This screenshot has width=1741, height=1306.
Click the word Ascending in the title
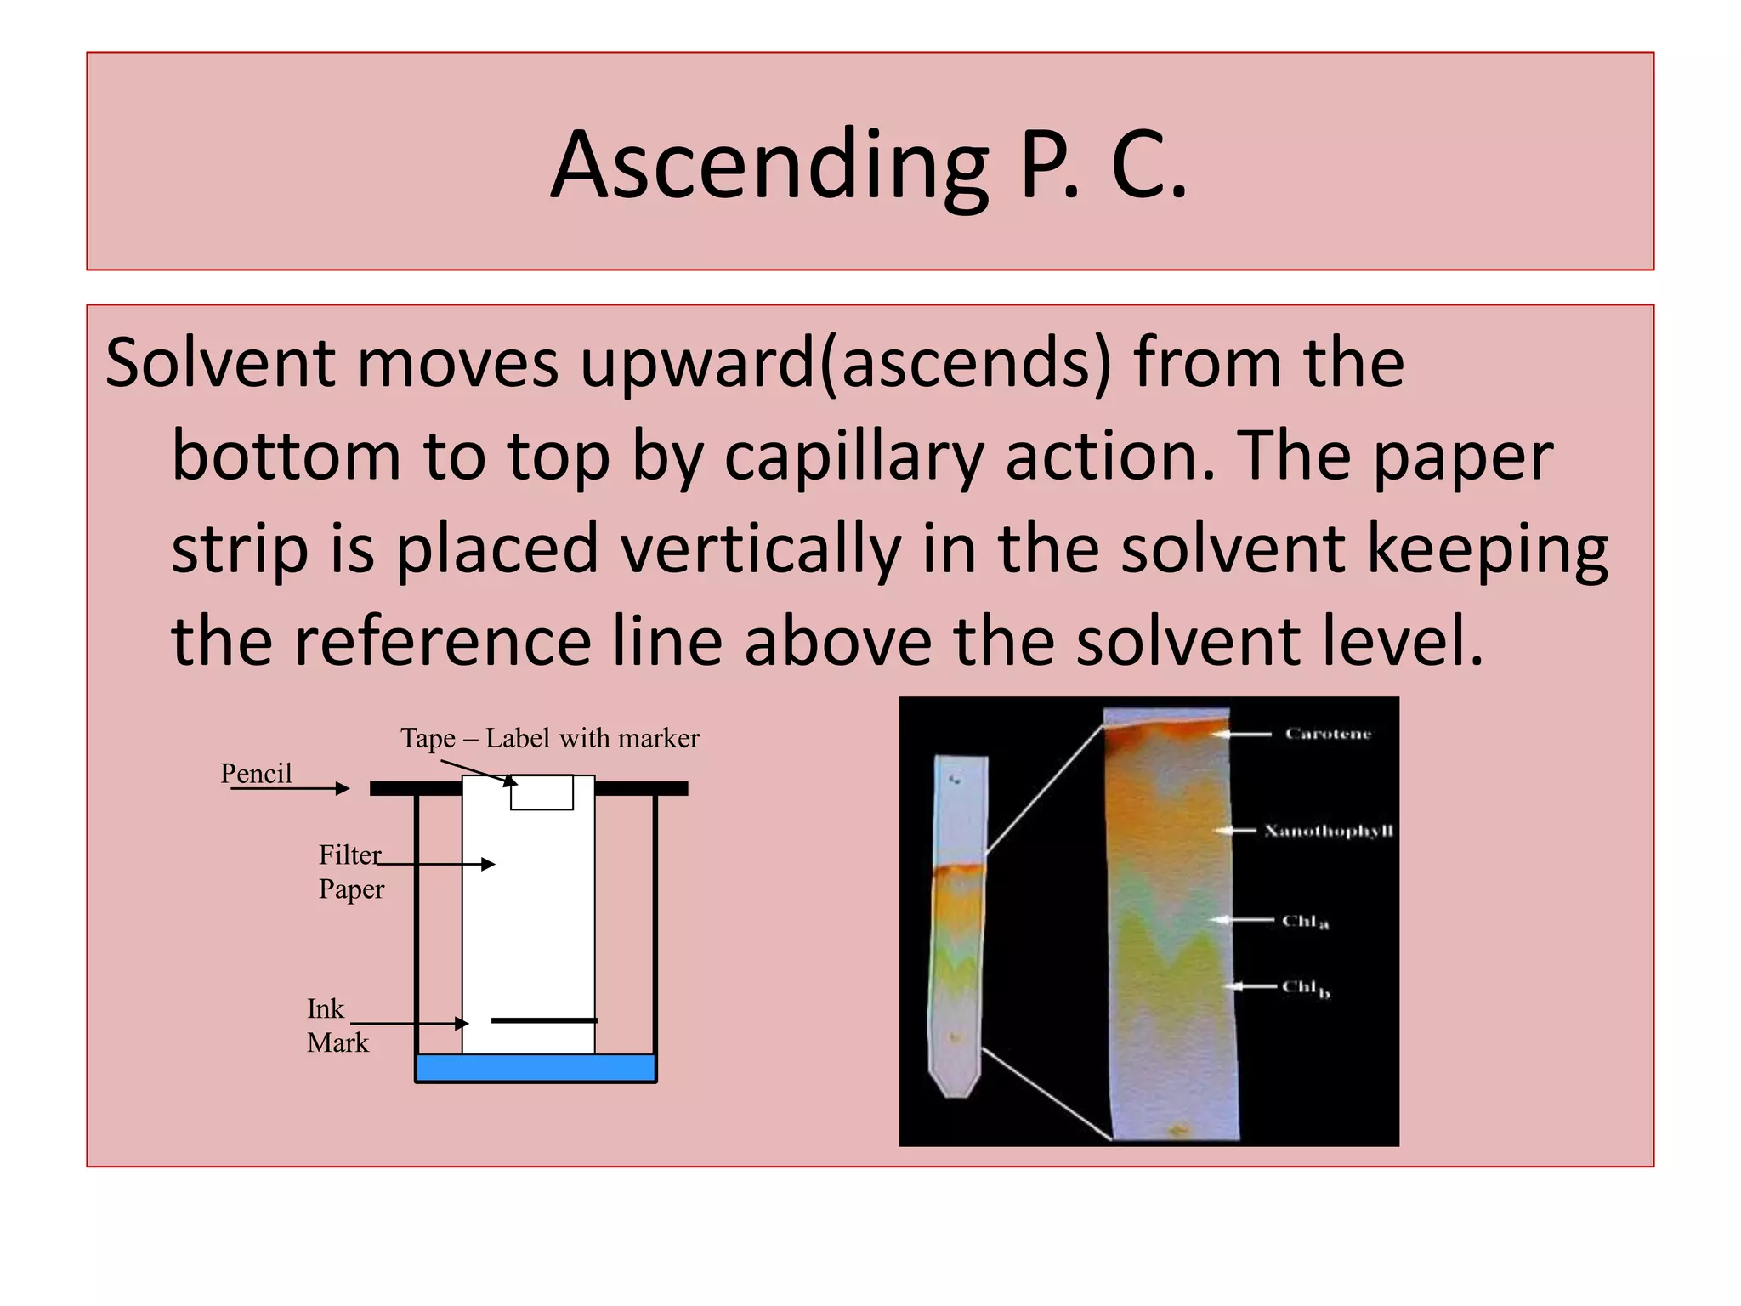[x=769, y=166]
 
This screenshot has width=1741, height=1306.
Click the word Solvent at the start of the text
[x=219, y=363]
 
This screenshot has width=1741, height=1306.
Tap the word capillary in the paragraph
[x=853, y=457]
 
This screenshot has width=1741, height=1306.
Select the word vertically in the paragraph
[x=760, y=549]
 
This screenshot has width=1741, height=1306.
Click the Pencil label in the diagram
[x=256, y=773]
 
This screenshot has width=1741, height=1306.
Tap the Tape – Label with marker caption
[x=550, y=738]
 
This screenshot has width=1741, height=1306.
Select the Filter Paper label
[x=351, y=872]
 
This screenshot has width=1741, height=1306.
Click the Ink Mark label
[x=337, y=1025]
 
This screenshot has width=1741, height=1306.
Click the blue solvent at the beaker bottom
[x=536, y=1067]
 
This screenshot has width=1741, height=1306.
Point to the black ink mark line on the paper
[x=544, y=1019]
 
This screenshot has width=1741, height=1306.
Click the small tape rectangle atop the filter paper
[x=542, y=792]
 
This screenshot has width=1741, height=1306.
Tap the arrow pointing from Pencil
[x=290, y=789]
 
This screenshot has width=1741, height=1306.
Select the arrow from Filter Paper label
[x=435, y=865]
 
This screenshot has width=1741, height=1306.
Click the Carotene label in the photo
[x=1328, y=734]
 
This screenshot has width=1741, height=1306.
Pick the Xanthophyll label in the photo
[x=1328, y=831]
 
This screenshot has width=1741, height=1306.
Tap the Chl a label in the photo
[x=1305, y=922]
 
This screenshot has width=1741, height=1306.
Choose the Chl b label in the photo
[x=1305, y=988]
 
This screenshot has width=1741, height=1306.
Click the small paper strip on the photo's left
[x=959, y=927]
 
